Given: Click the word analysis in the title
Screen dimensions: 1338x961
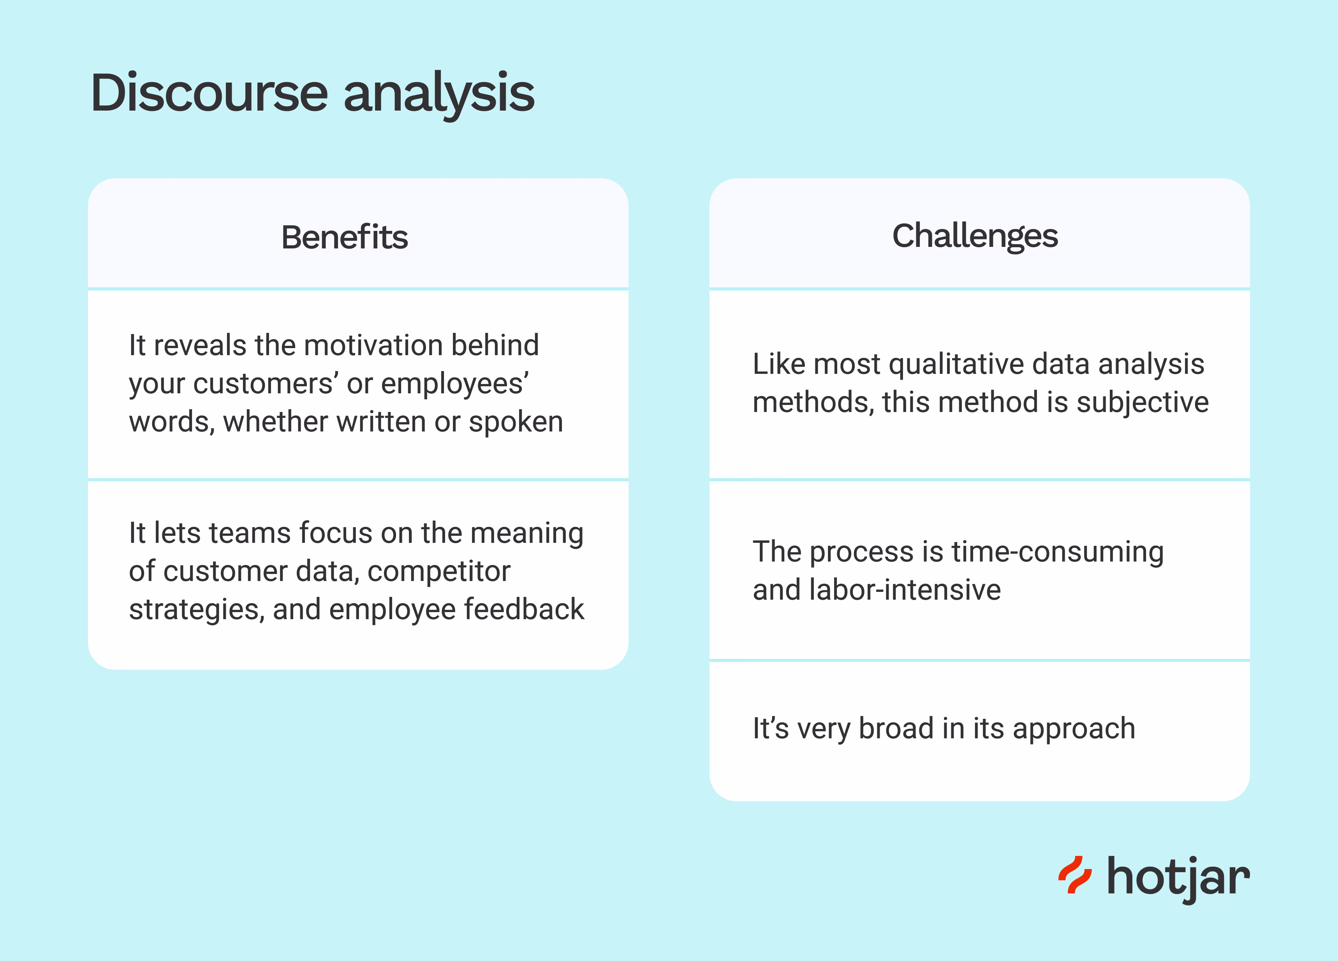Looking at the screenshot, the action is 439,94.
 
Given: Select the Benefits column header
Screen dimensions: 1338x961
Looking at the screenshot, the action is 345,237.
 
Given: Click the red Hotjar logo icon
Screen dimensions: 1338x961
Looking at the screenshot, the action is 1075,875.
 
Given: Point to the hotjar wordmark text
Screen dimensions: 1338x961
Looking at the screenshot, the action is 1178,879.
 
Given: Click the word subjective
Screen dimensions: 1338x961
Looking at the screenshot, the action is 1143,403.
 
